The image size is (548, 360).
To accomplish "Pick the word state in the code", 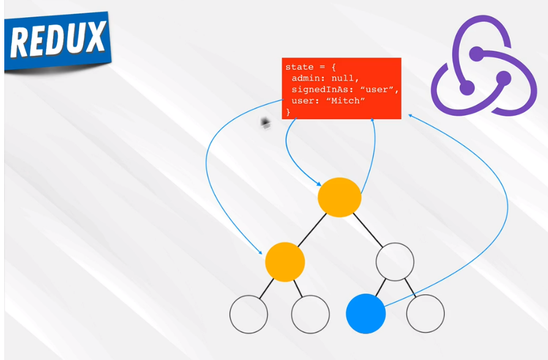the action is [299, 67].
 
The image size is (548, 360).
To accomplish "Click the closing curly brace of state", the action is [288, 111].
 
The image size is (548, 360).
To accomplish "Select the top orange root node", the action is [339, 197].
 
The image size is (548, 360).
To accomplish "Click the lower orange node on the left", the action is [285, 261].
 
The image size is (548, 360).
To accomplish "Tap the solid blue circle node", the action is [366, 313].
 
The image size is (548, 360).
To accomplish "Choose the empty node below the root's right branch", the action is [395, 261].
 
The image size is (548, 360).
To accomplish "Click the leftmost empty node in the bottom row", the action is [249, 313].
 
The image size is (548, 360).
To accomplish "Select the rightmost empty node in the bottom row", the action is [425, 313].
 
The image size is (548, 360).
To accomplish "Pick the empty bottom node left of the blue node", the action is [310, 313].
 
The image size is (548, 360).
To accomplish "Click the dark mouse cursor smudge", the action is [266, 124].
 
